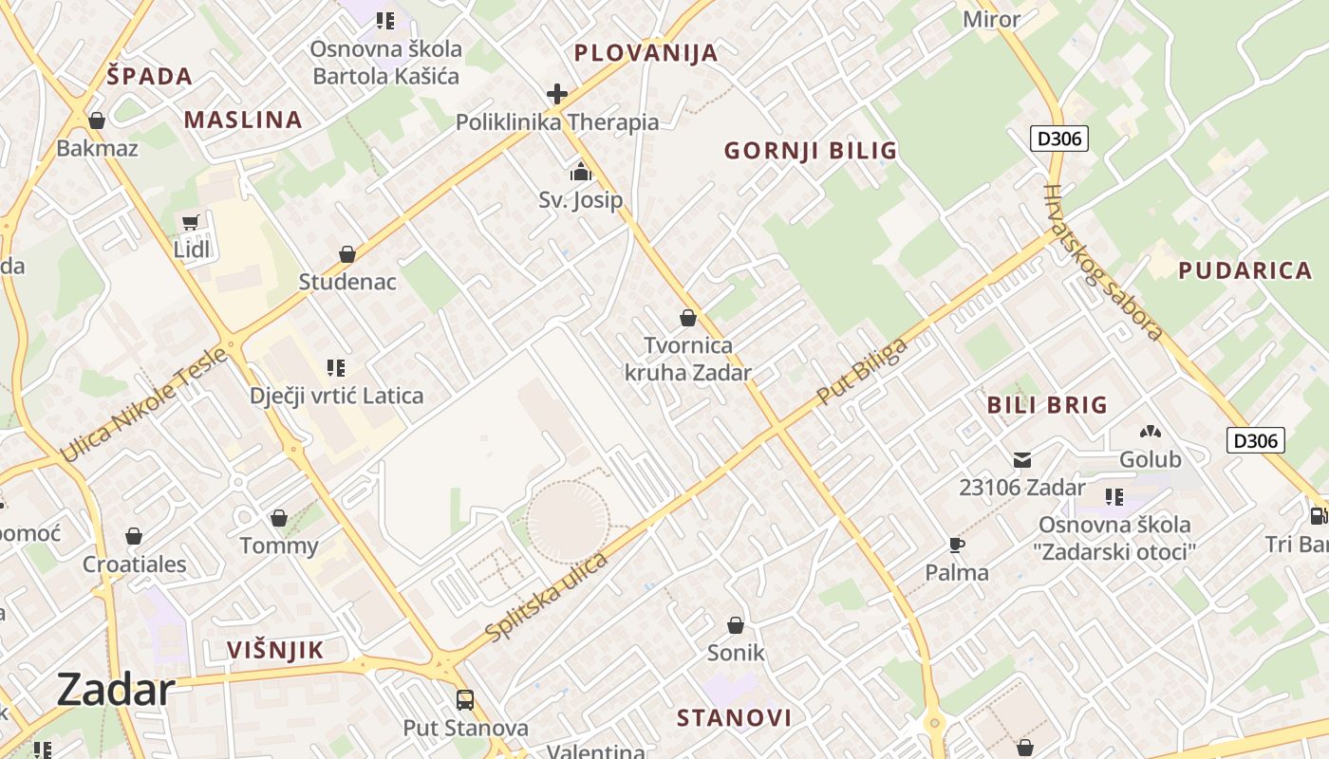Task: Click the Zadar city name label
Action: (116, 690)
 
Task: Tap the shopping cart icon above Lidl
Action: (191, 223)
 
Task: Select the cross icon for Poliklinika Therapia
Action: (557, 94)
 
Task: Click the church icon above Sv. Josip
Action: (580, 173)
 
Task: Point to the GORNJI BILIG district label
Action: (810, 150)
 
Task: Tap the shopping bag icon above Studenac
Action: (347, 254)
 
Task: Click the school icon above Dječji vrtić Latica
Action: (335, 367)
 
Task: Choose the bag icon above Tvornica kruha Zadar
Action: (688, 318)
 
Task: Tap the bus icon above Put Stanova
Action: (465, 700)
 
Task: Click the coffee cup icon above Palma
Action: (957, 545)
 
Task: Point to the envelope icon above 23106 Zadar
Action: (1022, 460)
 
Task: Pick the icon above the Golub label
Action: (1151, 432)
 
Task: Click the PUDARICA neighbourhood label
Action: (1245, 270)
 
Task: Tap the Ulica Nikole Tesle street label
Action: (144, 405)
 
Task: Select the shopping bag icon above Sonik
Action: (736, 625)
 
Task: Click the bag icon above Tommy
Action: (279, 518)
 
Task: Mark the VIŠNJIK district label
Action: (275, 650)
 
